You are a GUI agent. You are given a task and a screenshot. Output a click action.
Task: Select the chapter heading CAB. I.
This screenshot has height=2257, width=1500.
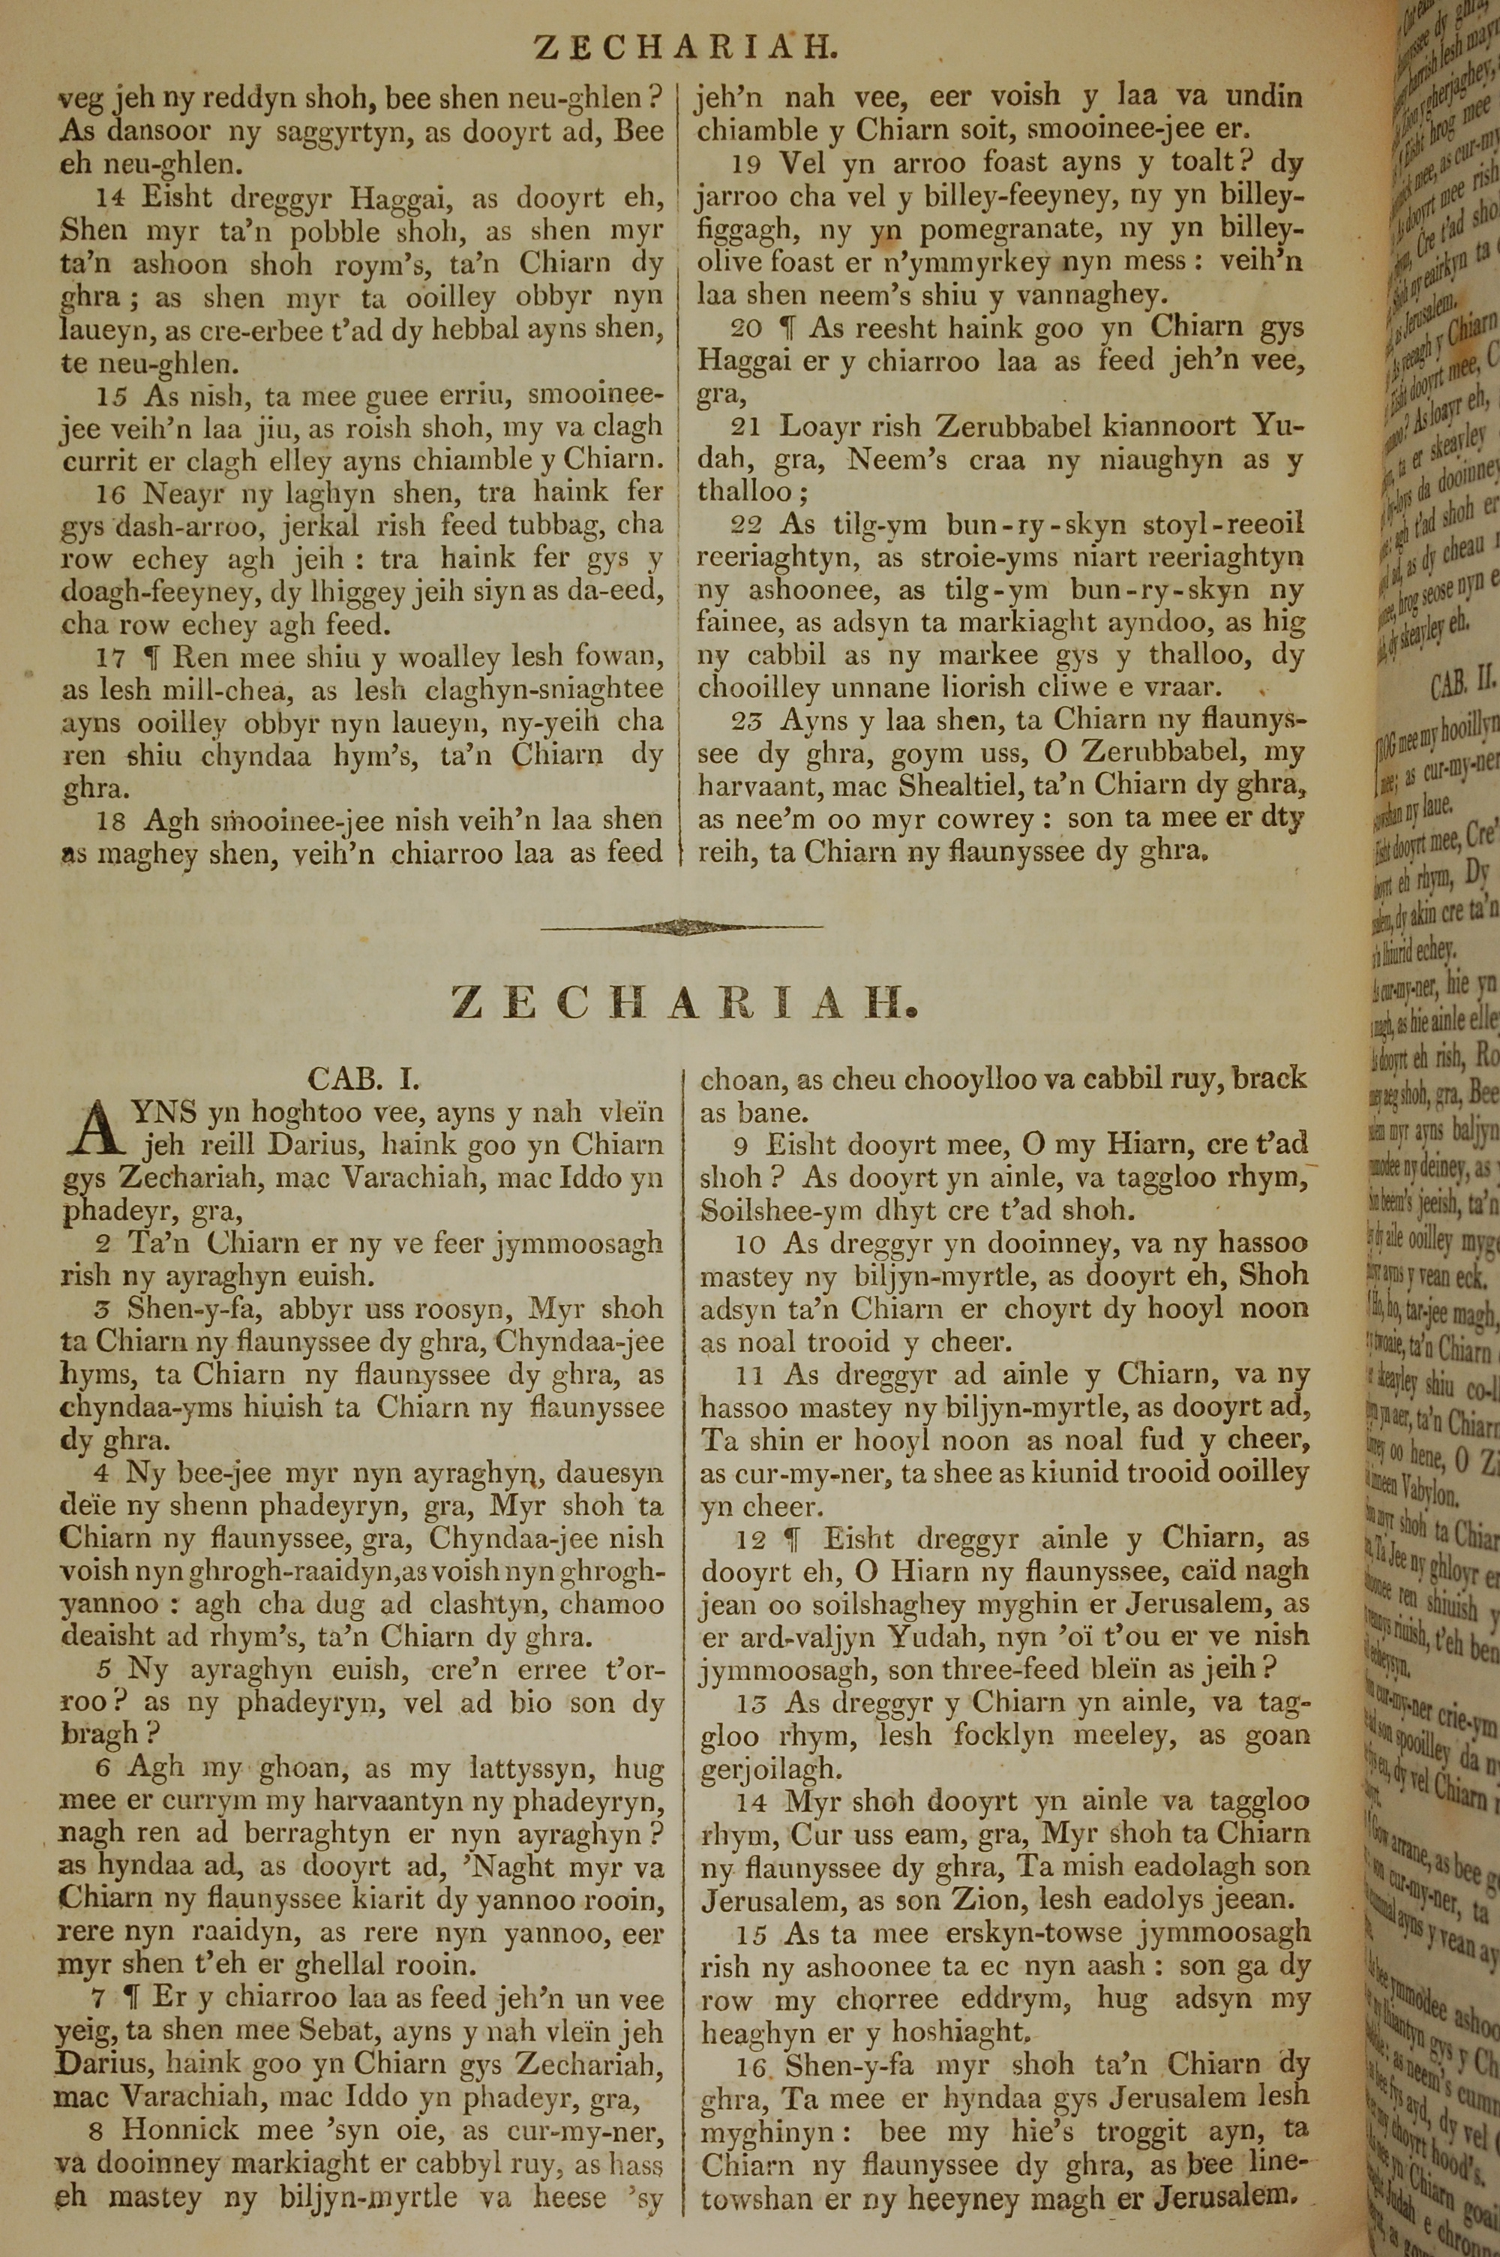pyautogui.click(x=364, y=1078)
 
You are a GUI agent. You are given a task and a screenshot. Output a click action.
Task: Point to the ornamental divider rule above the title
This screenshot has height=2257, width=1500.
pyautogui.click(x=681, y=926)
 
